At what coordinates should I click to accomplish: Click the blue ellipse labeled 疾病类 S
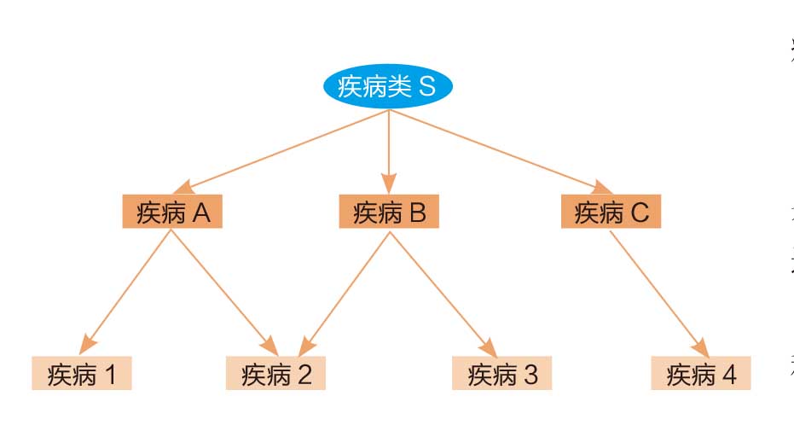(x=388, y=88)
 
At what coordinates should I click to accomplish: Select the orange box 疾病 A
(x=173, y=213)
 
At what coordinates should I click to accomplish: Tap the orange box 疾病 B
(x=389, y=213)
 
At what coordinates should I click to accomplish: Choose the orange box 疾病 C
(x=611, y=213)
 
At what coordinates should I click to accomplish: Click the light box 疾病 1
(x=82, y=374)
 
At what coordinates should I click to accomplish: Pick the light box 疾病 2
(x=275, y=374)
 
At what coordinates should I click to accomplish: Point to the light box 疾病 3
(x=502, y=374)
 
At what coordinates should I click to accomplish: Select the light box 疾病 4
(x=700, y=374)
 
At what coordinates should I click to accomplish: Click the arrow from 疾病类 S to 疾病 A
(x=281, y=151)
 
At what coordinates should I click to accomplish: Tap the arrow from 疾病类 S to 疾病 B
(x=389, y=149)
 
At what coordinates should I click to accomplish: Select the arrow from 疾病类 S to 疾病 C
(x=499, y=151)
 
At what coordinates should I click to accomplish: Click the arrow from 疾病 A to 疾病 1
(x=128, y=291)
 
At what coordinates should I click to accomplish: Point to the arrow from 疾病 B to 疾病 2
(x=345, y=291)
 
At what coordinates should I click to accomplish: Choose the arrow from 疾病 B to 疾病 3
(x=440, y=291)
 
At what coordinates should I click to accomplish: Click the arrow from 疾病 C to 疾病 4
(x=658, y=291)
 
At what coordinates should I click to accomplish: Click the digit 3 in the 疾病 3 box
(x=530, y=375)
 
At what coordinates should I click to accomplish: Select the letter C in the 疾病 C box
(x=640, y=213)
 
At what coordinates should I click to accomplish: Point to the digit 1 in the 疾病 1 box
(x=111, y=375)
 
